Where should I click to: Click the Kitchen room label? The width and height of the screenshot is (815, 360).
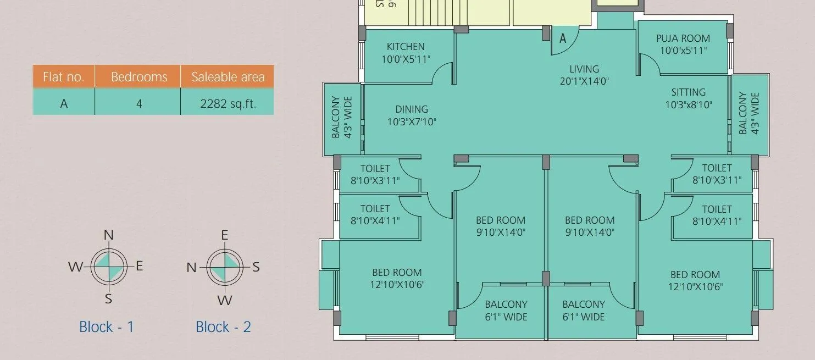[406, 47]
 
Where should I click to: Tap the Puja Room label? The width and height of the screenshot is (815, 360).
[683, 38]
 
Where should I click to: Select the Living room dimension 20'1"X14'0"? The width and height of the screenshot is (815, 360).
[584, 81]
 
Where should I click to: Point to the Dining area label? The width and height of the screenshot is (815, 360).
[412, 109]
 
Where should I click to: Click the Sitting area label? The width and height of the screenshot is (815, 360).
[688, 92]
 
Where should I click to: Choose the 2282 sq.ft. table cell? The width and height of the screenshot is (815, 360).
[228, 103]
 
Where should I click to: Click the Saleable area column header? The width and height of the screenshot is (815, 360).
[228, 77]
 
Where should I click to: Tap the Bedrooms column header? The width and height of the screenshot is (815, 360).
[139, 77]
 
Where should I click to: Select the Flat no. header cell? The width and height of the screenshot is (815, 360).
[64, 77]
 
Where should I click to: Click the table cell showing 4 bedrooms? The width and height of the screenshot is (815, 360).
[139, 103]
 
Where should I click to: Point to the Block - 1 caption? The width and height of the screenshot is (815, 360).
[107, 327]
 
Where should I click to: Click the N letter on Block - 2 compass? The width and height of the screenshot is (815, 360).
[191, 268]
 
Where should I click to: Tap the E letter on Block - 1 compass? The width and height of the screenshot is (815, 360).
[139, 266]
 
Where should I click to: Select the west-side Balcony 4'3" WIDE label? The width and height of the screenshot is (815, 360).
[341, 118]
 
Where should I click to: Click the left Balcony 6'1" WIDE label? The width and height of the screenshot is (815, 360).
[506, 311]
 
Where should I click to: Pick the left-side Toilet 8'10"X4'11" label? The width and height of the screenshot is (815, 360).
[375, 215]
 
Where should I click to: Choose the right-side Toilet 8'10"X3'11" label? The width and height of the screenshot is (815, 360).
[717, 174]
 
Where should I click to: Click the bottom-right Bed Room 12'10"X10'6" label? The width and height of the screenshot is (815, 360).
[695, 280]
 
